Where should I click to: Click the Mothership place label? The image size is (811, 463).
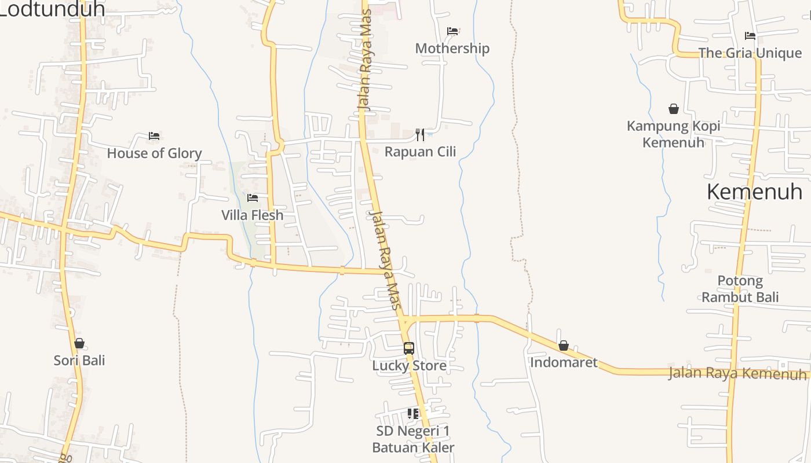[x=452, y=49]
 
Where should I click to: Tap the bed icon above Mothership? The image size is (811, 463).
[x=452, y=31]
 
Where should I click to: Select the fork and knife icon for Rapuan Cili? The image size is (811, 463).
[x=420, y=135]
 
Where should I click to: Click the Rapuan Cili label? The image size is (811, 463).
[x=420, y=152]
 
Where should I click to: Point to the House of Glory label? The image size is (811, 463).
[x=154, y=153]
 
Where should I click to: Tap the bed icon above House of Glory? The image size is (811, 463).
[x=154, y=136]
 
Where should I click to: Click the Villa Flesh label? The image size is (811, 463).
[x=253, y=215]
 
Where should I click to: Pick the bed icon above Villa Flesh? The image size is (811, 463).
[x=253, y=198]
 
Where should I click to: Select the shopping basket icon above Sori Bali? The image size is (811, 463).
[x=79, y=343]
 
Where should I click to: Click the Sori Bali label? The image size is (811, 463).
[x=79, y=361]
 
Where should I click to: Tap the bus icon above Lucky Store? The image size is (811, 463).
[x=409, y=348]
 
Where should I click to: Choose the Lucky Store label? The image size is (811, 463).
[x=409, y=366]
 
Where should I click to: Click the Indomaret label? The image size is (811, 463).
[x=564, y=363]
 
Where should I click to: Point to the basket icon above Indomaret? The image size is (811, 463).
[x=564, y=346]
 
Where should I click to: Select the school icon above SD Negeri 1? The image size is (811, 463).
[x=413, y=413]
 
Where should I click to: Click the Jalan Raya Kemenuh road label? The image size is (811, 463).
[x=737, y=373]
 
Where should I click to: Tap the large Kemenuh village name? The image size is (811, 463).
[x=754, y=192]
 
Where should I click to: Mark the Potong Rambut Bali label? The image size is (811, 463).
[x=740, y=289]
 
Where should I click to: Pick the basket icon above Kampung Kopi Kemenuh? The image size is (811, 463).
[x=674, y=108]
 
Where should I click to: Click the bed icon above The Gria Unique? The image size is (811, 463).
[x=750, y=36]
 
